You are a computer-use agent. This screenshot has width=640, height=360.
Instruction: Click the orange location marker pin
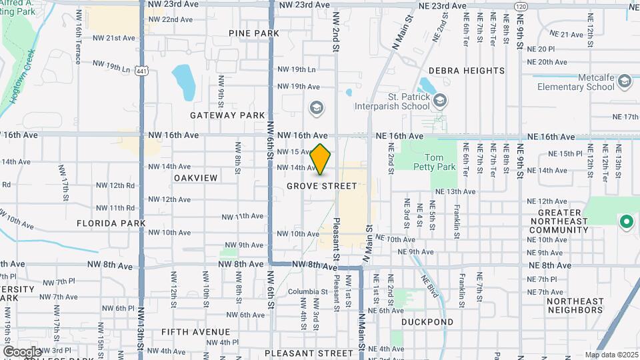[321, 159]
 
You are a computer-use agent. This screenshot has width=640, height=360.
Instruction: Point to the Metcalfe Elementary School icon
[624, 81]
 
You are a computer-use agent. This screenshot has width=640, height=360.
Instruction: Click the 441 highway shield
[141, 70]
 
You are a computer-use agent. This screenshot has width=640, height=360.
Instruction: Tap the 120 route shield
[521, 6]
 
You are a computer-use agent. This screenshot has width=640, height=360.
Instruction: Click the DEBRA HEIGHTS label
[466, 71]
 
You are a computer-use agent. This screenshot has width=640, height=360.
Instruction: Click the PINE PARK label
[253, 33]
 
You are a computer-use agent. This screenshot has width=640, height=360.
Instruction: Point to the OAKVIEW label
[196, 178]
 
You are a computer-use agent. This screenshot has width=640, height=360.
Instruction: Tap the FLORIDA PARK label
[107, 223]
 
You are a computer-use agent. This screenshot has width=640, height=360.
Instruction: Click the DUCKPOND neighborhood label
[427, 322]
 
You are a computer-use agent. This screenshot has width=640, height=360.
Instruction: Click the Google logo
[22, 351]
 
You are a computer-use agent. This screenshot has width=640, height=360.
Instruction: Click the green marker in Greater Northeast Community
[626, 221]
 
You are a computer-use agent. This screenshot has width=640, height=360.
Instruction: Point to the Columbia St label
[304, 291]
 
